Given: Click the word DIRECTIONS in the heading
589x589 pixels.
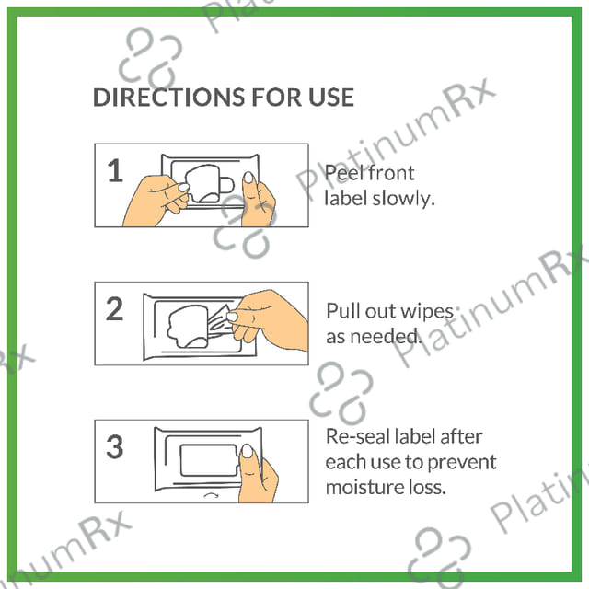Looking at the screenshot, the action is coord(168,98).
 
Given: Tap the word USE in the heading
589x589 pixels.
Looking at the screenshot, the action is coord(331,98).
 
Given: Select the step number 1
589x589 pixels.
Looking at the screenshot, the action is coord(115,170).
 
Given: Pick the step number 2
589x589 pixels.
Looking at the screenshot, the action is coord(114,308).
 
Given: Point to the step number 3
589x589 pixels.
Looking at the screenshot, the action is coord(114,446).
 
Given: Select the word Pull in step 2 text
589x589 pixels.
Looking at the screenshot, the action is coord(343,311).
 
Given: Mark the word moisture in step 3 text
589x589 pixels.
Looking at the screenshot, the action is coord(360,487).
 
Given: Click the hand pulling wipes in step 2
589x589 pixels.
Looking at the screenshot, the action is coord(268,320).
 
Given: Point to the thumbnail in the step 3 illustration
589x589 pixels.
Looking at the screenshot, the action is coord(247,451).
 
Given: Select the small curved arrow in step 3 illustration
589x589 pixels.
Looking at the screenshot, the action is coord(211,495).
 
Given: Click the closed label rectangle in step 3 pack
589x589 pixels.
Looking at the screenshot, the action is coord(209,460).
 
